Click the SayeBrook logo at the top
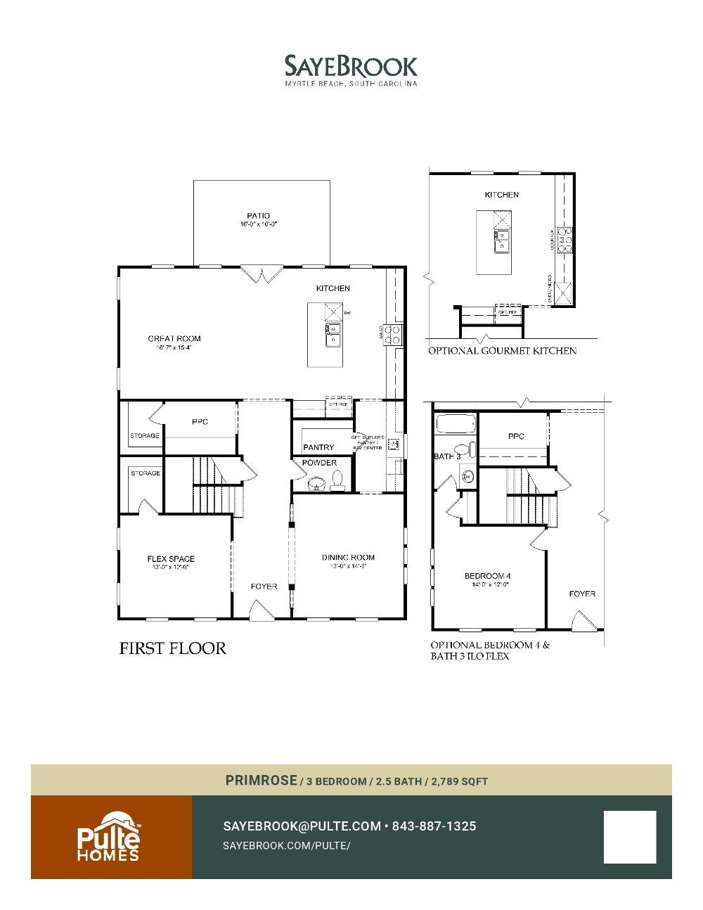tap(351, 70)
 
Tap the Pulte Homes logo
tap(108, 837)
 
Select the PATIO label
tap(258, 216)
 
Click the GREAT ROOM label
tap(174, 339)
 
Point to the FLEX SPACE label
tap(171, 559)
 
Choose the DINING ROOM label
tap(348, 558)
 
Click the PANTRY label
tap(318, 447)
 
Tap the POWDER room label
tap(319, 463)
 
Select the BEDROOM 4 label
tap(487, 577)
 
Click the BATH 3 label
tap(447, 456)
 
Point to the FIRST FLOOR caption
tap(173, 648)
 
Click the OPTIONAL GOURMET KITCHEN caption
tap(503, 351)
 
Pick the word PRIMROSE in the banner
tap(261, 781)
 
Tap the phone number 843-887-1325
tap(434, 826)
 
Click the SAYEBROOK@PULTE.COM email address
tap(302, 826)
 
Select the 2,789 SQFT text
tap(460, 781)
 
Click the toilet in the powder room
tap(337, 480)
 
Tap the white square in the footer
tap(629, 837)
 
